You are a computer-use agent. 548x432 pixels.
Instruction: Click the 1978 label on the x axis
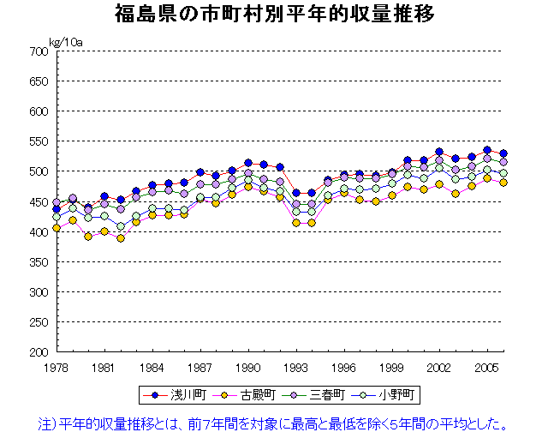coord(57,366)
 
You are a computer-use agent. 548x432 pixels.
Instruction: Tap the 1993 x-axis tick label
coord(296,366)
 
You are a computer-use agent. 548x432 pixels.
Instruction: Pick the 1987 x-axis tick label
coord(200,366)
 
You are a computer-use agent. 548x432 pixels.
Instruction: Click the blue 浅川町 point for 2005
coord(487,150)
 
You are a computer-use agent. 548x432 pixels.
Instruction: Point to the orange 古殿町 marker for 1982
coord(121,238)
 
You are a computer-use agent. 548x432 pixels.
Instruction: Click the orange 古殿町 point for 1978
coord(57,228)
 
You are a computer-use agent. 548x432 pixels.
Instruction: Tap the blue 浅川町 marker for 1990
coord(248,163)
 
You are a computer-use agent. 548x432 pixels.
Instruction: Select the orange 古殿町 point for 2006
coord(503,183)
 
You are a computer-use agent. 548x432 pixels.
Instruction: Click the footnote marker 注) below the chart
coord(49,422)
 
